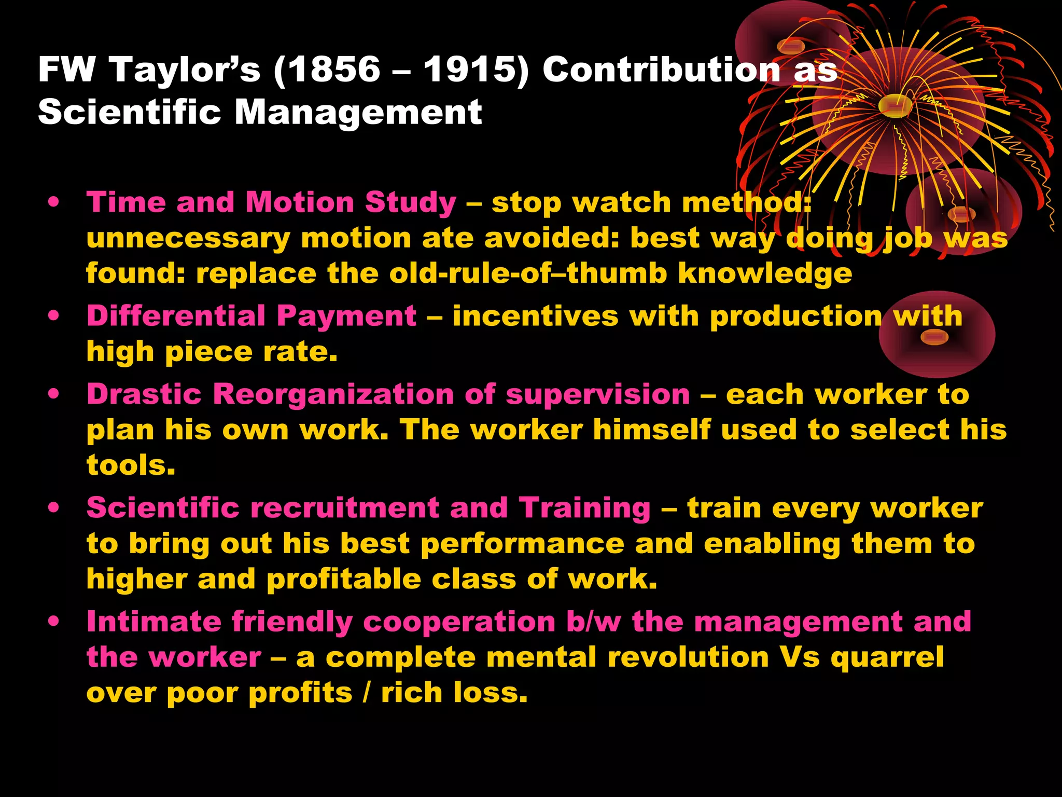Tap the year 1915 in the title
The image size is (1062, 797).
(x=470, y=70)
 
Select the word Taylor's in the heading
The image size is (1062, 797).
(x=185, y=70)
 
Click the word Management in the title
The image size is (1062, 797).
(x=358, y=112)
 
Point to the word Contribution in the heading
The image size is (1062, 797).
(x=662, y=70)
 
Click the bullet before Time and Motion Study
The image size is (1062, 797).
(x=53, y=202)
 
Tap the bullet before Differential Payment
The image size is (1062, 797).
(x=53, y=316)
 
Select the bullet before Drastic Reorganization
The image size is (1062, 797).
(x=53, y=394)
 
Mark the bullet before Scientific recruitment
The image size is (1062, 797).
(x=53, y=507)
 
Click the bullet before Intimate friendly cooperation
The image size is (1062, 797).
(x=53, y=621)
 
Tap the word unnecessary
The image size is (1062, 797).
(x=188, y=239)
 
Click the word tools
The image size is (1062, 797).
(x=131, y=465)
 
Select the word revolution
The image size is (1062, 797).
(x=688, y=657)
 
